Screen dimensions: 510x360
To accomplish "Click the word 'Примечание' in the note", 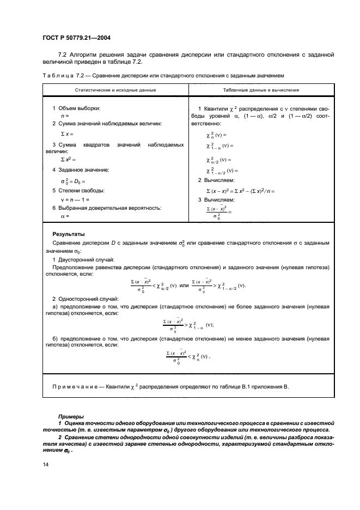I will tap(74, 387).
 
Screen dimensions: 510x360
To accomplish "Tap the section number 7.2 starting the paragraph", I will tap(62, 54).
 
